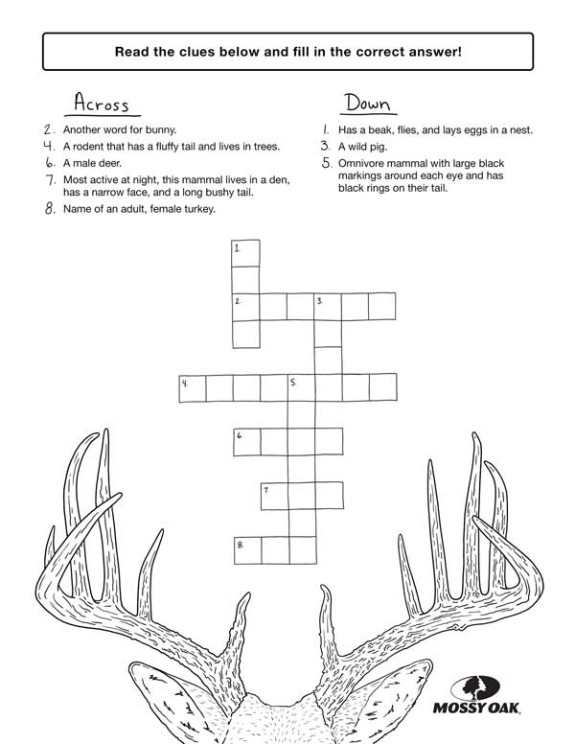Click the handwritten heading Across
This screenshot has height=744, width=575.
tap(101, 103)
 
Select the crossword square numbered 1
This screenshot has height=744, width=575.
tap(246, 253)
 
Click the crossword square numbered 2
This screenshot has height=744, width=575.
tap(246, 307)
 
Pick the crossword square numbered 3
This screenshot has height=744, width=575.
tap(328, 307)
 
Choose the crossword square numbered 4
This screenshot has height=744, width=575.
tap(193, 387)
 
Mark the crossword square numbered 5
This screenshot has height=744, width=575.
tap(302, 387)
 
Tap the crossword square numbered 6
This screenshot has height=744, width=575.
tap(246, 441)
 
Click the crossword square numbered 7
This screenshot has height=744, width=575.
tap(274, 495)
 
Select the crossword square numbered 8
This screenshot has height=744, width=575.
tap(246, 549)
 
